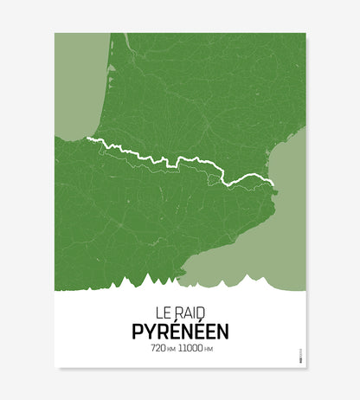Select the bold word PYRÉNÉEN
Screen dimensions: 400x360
click(181, 330)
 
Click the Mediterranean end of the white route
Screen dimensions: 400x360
click(273, 183)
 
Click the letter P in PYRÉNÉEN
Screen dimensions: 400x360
click(138, 330)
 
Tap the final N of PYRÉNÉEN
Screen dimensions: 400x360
click(224, 330)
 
